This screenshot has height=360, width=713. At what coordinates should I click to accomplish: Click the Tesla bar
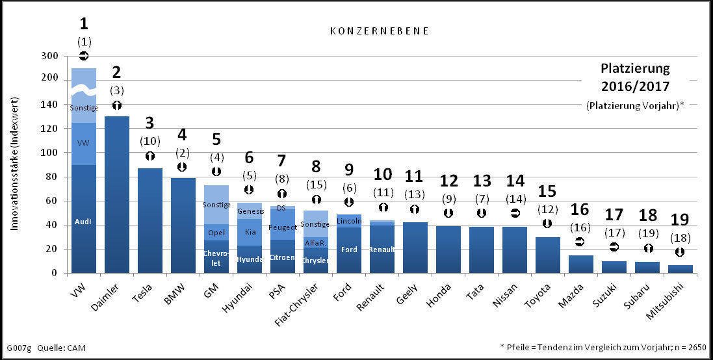click(150, 221)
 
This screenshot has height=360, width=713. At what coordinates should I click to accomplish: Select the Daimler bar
click(117, 195)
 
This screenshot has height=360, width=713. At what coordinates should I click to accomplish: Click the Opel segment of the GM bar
click(216, 233)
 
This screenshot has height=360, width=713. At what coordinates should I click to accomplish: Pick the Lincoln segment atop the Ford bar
click(349, 221)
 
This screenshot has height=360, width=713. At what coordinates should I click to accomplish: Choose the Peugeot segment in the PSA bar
click(283, 227)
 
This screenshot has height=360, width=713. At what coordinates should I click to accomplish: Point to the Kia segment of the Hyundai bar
click(250, 232)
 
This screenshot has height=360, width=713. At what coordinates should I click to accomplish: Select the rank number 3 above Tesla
click(149, 123)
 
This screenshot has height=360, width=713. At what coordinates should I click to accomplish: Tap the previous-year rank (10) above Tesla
click(149, 141)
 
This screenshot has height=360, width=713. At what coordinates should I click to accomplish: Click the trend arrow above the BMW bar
click(183, 167)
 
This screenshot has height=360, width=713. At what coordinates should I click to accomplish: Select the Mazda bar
click(581, 264)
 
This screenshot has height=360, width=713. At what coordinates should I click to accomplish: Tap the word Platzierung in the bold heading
click(634, 68)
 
